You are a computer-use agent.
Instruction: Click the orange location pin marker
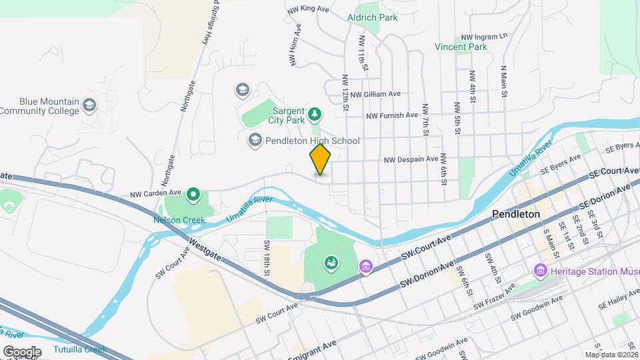321,159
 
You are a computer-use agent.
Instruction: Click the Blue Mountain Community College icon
89,105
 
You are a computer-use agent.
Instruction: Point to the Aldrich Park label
372,17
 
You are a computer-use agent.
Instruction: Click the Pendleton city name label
515,215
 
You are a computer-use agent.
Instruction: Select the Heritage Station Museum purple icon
539,271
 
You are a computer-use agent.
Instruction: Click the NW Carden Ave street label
157,194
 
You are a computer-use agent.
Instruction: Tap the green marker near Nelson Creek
193,195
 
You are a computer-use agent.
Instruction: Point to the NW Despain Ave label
410,159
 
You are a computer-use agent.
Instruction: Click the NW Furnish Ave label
392,116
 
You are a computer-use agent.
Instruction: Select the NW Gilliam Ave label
375,95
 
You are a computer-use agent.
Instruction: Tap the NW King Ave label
307,9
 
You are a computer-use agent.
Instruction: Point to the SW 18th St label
267,257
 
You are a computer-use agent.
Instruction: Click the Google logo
22,351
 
